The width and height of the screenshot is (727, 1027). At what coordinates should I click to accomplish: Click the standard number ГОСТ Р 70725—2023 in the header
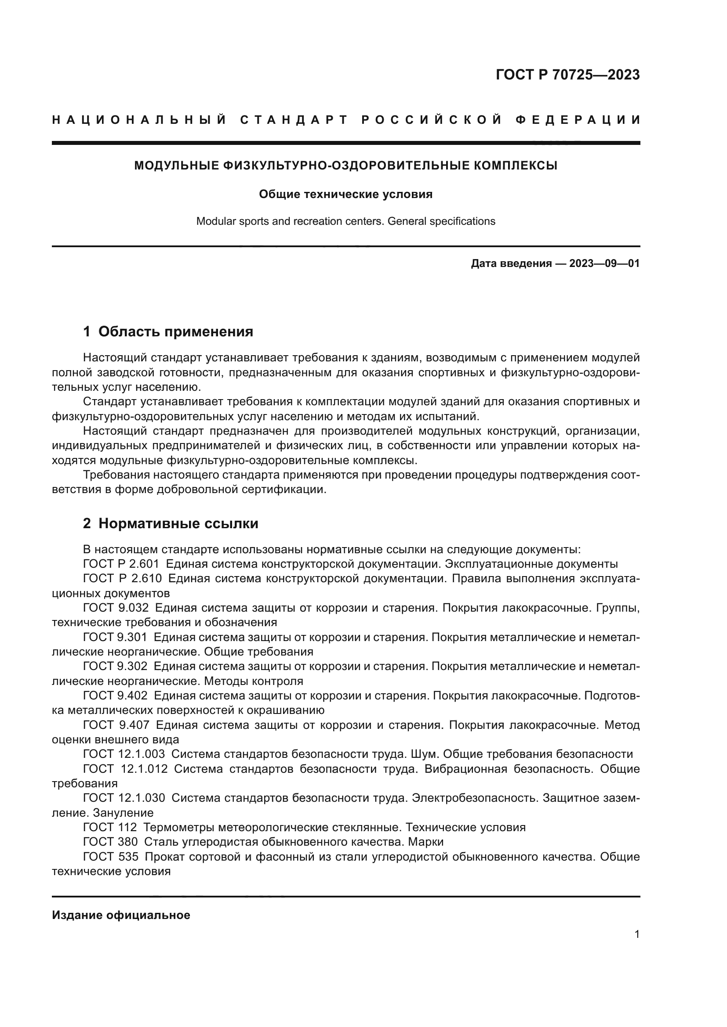point(567,75)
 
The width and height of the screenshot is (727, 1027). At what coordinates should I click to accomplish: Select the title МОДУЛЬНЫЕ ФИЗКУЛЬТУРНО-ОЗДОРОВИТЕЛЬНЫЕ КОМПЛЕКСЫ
point(345,166)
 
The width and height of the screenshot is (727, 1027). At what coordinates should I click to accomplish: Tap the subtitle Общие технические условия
point(345,194)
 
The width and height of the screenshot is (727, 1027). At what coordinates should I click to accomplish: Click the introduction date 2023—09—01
point(604,263)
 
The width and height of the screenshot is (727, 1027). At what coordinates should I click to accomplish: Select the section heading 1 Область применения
point(168,332)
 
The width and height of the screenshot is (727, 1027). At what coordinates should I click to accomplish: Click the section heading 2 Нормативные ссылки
point(171,523)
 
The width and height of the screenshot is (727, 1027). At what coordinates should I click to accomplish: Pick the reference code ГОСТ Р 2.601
point(121,564)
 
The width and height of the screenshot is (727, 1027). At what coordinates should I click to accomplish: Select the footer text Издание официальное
point(121,915)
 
